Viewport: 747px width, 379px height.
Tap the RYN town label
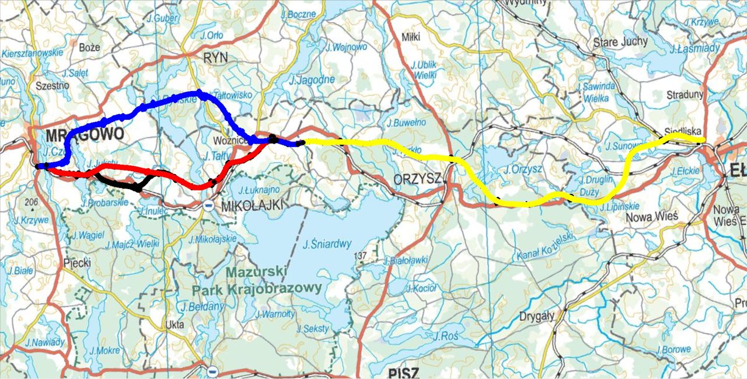216,57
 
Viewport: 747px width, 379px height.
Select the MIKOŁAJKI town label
252,205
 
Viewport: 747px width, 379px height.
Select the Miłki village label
411,37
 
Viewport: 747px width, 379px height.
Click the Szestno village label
53,85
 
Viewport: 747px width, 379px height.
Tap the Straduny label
686,94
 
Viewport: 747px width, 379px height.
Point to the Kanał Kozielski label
546,246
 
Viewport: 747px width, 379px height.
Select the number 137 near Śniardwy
361,256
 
